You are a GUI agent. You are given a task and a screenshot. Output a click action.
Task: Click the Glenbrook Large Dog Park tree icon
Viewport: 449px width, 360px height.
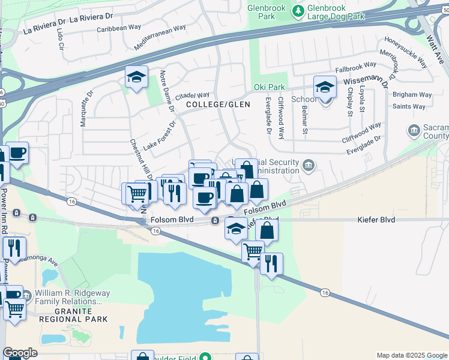[298, 11]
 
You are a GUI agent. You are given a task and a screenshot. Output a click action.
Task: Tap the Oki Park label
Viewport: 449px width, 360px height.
[269, 88]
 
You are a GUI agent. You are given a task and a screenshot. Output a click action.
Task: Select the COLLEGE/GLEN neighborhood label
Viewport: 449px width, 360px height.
[218, 104]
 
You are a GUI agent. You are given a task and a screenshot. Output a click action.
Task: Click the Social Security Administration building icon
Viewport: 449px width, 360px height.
[309, 164]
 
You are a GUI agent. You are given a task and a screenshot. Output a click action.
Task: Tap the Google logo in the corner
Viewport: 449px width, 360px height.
[20, 353]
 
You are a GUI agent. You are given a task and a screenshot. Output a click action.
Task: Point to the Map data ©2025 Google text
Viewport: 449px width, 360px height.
[411, 355]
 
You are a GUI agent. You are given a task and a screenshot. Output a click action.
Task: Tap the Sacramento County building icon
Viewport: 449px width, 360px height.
[414, 130]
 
